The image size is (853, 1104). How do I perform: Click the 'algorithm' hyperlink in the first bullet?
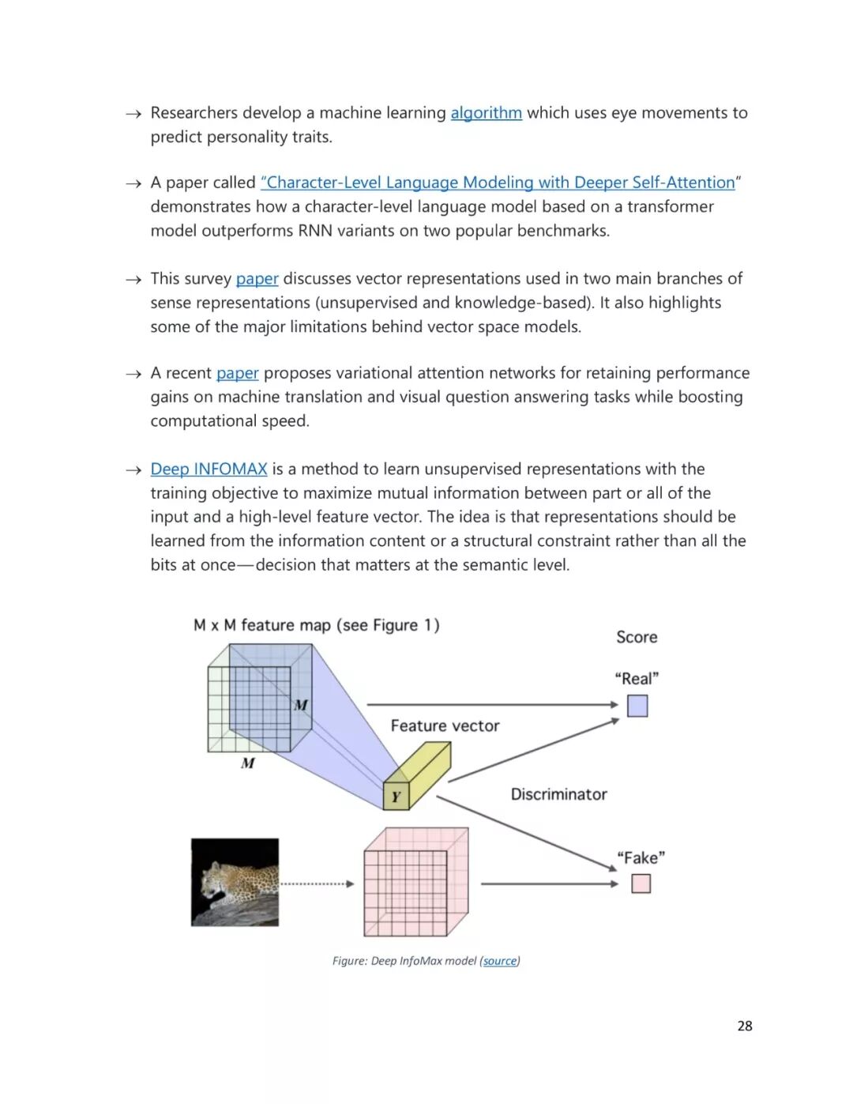click(486, 113)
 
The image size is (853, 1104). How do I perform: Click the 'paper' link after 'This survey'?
click(257, 279)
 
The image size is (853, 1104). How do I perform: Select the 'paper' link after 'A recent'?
click(237, 373)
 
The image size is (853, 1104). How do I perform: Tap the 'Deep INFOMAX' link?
click(209, 469)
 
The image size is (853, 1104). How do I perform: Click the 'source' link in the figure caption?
click(500, 961)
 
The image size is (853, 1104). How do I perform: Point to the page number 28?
click(744, 1026)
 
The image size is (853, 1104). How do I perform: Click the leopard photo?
click(235, 882)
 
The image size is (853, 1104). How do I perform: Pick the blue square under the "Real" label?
click(637, 706)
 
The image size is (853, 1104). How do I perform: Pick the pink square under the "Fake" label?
click(641, 884)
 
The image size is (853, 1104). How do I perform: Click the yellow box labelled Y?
click(396, 796)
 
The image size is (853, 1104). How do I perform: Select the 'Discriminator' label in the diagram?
click(558, 794)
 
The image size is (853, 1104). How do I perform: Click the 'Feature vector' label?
click(445, 725)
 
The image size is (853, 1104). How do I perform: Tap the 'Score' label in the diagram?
click(637, 637)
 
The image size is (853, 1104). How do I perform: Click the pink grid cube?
click(415, 883)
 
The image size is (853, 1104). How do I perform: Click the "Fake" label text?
click(641, 857)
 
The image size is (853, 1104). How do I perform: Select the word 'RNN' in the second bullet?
click(316, 231)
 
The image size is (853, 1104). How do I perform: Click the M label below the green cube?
click(248, 763)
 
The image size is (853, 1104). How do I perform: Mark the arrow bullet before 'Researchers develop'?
click(133, 115)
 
